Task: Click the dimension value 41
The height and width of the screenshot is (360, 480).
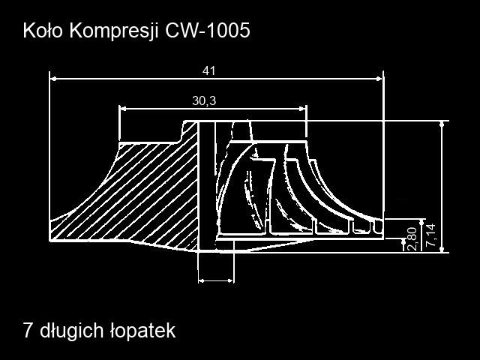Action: [208, 71]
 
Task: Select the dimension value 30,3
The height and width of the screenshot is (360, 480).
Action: [204, 100]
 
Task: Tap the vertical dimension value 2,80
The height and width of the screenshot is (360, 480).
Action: [412, 238]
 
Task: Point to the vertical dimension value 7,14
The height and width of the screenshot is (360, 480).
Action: [431, 235]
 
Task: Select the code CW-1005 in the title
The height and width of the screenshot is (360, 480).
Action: [208, 31]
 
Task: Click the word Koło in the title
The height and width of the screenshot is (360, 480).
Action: [43, 31]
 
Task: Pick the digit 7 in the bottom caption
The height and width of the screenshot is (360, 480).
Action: [28, 331]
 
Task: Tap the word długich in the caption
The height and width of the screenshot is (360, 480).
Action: [72, 331]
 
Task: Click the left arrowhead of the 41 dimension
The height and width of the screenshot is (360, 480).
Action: [53, 79]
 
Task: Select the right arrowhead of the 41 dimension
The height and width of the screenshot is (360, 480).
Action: [379, 79]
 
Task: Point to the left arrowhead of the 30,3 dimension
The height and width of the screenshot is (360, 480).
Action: [123, 108]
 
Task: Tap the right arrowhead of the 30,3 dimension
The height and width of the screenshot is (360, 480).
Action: [302, 108]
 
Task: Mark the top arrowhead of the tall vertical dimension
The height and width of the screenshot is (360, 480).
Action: [442, 124]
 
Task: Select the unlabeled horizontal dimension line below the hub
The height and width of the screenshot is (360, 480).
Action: [216, 280]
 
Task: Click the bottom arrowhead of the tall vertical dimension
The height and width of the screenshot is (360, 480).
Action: [442, 248]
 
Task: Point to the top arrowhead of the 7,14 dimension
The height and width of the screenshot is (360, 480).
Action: [423, 223]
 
